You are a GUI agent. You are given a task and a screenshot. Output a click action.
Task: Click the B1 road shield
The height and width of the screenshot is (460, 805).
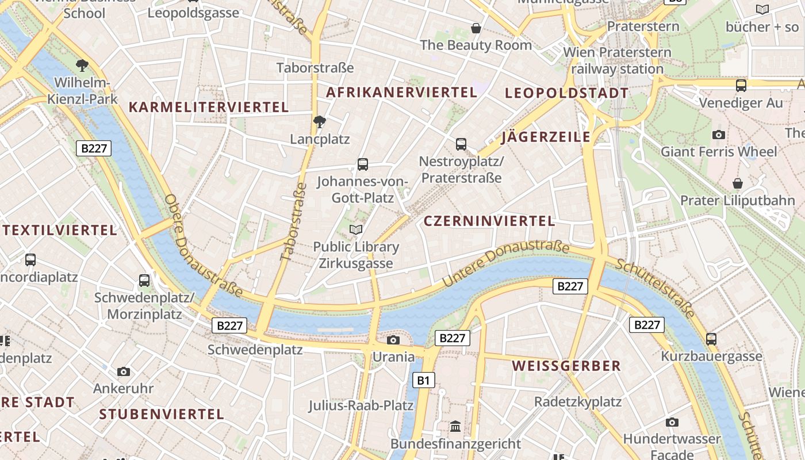click(x=423, y=380)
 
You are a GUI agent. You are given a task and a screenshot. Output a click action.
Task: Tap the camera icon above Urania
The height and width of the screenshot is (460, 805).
click(x=393, y=340)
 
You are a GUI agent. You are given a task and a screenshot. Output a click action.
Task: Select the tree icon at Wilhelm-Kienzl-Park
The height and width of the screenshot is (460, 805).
click(x=82, y=65)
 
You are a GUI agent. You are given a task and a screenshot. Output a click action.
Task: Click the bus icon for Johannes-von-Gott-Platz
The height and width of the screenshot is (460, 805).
click(x=363, y=164)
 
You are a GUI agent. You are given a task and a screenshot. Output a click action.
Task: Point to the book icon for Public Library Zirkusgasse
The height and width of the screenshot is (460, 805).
click(x=356, y=230)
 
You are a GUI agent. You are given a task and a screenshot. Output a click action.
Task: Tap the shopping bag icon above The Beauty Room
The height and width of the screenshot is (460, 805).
click(x=476, y=28)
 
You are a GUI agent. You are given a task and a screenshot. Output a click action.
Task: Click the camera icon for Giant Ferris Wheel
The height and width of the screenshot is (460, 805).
click(x=718, y=135)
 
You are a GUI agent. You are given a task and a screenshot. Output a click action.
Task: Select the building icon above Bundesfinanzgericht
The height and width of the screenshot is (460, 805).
click(x=456, y=427)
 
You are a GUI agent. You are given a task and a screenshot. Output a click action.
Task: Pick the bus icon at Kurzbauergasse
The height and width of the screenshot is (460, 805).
click(x=711, y=339)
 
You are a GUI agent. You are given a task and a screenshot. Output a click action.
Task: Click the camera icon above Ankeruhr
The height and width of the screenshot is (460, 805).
click(x=124, y=371)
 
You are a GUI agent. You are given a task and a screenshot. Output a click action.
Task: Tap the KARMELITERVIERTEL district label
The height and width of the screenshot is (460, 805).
click(x=209, y=107)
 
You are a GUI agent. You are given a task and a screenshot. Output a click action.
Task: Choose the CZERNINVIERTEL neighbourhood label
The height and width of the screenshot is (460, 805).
click(x=489, y=221)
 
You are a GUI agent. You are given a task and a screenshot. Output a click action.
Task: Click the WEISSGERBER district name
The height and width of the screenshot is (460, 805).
click(x=566, y=366)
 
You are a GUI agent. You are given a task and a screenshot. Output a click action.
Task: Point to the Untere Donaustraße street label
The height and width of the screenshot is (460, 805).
click(x=506, y=264)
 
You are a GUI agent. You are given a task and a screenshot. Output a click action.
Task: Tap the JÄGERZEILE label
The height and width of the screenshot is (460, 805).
click(x=546, y=137)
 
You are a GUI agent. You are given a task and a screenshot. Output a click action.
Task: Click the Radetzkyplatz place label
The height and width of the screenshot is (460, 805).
click(x=578, y=401)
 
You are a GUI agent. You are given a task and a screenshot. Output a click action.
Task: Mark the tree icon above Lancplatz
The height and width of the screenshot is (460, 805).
click(x=320, y=121)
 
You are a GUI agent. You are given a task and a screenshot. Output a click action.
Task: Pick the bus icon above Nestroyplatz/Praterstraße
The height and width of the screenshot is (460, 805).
click(x=461, y=144)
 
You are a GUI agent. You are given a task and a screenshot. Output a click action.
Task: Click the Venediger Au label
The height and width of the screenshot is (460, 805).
click(x=741, y=103)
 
